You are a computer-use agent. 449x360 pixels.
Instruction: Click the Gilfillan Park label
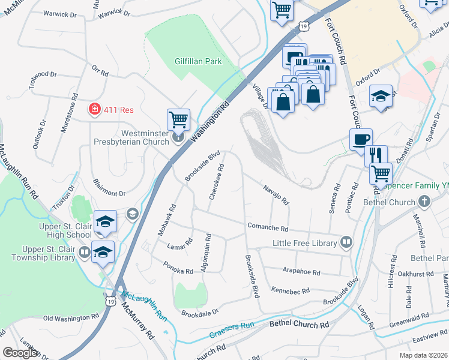(x=198, y=61)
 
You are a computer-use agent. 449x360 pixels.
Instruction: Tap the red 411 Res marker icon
(x=94, y=109)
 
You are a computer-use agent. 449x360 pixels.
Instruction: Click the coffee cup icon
(x=361, y=139)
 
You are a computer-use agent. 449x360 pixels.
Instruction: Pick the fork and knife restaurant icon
(x=376, y=155)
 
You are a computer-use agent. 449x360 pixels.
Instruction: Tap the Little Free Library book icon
(x=346, y=242)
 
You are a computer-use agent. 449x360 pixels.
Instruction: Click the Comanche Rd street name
(x=268, y=229)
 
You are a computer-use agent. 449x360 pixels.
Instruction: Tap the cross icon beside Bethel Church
(x=425, y=202)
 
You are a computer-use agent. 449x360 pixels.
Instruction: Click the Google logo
(x=20, y=353)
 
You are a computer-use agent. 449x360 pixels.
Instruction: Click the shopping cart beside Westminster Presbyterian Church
(x=178, y=120)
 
